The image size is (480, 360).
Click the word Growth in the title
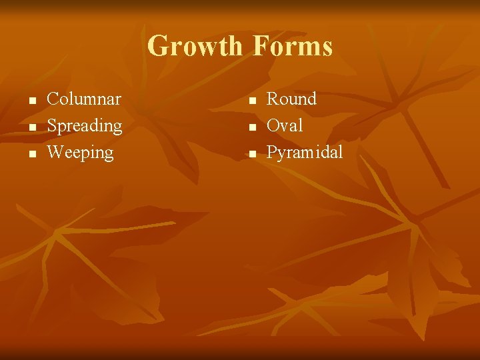[195, 47]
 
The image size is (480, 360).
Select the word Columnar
[84, 99]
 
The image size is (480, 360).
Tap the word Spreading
[85, 126]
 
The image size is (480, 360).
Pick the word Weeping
[81, 153]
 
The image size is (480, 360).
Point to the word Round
[291, 99]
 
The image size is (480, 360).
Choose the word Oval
[285, 125]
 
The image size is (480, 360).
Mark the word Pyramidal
[305, 153]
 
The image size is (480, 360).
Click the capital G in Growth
[158, 47]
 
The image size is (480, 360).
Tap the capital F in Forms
[261, 47]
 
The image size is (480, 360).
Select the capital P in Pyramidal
[272, 153]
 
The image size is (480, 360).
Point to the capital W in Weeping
[56, 153]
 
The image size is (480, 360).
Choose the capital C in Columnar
[53, 99]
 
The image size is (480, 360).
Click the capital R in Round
[273, 99]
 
